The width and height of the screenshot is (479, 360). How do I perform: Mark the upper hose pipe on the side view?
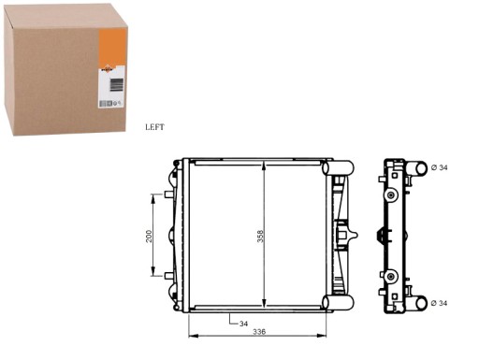click(x=417, y=168)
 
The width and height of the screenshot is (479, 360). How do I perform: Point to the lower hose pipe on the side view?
click(x=417, y=302)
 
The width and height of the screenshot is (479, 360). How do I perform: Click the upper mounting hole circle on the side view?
click(x=392, y=194)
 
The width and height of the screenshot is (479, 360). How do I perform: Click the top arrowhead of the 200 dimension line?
click(x=154, y=196)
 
